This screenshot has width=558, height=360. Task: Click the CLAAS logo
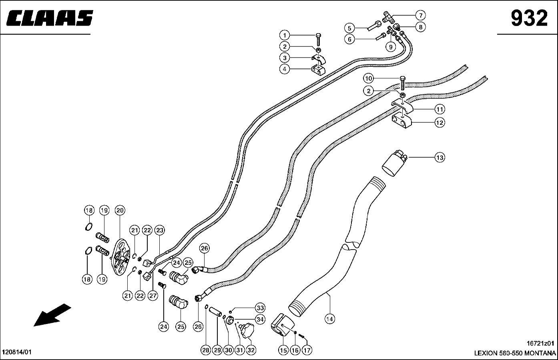pyautogui.click(x=50, y=18)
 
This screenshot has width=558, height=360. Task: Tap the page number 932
pyautogui.click(x=529, y=18)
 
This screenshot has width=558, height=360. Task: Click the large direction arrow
pyautogui.click(x=52, y=315)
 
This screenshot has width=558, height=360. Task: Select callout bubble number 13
pyautogui.click(x=440, y=158)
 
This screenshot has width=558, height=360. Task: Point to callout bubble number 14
pyautogui.click(x=330, y=319)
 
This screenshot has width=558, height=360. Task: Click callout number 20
pyautogui.click(x=120, y=210)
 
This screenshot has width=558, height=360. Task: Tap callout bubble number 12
pyautogui.click(x=440, y=122)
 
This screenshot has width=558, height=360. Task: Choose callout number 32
pyautogui.click(x=251, y=350)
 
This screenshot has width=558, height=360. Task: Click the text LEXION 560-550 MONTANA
pyautogui.click(x=515, y=354)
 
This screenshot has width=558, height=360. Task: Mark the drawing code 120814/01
pyautogui.click(x=16, y=352)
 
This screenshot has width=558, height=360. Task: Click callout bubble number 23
pyautogui.click(x=160, y=230)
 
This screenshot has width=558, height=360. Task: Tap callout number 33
pyautogui.click(x=260, y=308)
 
